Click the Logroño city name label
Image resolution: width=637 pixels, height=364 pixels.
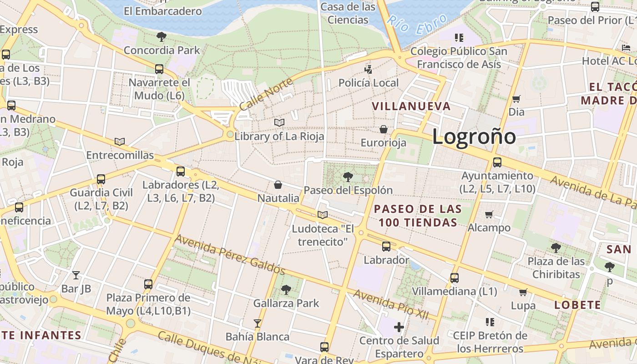[474, 136]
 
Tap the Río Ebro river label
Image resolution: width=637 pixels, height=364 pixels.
[411, 25]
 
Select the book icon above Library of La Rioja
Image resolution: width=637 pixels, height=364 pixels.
[279, 123]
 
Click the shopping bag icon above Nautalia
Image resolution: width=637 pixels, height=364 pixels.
[278, 185]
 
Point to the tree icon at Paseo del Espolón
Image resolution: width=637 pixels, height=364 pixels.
[348, 177]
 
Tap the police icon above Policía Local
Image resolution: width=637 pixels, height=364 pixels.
[368, 70]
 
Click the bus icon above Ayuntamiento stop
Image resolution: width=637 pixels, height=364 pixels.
[497, 162]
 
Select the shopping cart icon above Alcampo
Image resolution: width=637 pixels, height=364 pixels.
[489, 214]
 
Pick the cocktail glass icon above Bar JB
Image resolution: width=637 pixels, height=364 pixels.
[76, 275]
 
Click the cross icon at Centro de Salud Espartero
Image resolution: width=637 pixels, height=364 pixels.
[399, 327]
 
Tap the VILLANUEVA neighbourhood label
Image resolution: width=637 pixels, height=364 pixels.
[411, 106]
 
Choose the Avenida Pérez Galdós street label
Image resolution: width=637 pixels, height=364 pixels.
[230, 255]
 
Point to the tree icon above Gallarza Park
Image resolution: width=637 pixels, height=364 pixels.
[286, 289]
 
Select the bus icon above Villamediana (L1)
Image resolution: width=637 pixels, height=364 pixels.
[454, 278]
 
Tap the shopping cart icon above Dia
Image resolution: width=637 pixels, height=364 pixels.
[516, 99]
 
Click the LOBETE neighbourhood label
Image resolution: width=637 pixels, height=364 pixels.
[577, 305]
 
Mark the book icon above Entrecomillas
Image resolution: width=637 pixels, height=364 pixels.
[120, 142]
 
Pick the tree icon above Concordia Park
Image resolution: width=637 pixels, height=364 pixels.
[161, 37]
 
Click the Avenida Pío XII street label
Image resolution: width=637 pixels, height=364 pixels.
[391, 304]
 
